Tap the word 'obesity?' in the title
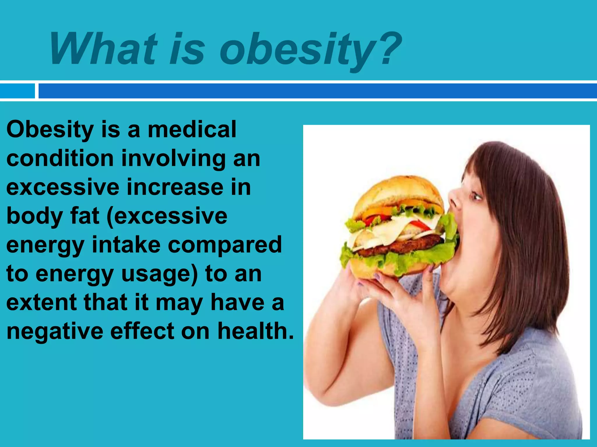(x=310, y=49)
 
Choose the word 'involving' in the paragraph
(x=173, y=159)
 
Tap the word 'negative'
(x=55, y=331)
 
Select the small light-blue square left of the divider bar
(x=17, y=91)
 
